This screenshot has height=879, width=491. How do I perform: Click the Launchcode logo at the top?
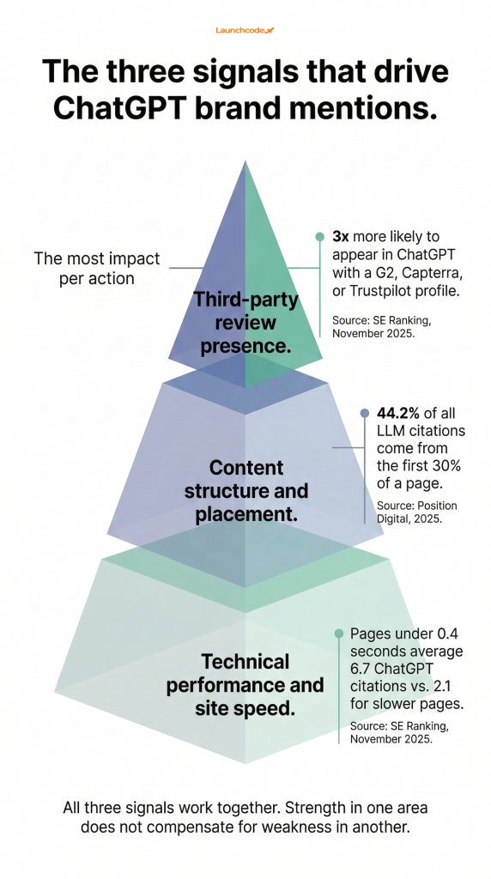pos(245,31)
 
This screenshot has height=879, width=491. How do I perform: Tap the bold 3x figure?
pos(340,236)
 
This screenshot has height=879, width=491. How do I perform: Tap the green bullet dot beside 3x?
pos(320,236)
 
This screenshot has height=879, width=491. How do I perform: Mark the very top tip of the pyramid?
pos(245,163)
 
